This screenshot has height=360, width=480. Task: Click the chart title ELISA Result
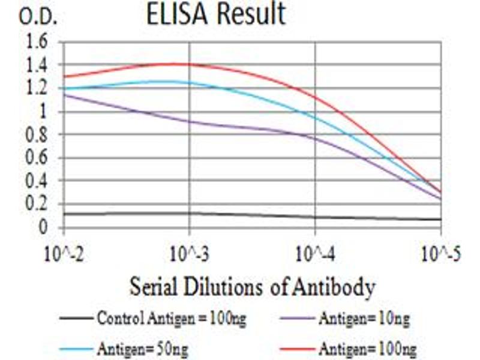216,14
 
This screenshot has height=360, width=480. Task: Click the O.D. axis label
38,17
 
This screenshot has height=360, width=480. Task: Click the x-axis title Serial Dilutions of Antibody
252,286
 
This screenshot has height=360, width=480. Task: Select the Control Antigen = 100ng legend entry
153,318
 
